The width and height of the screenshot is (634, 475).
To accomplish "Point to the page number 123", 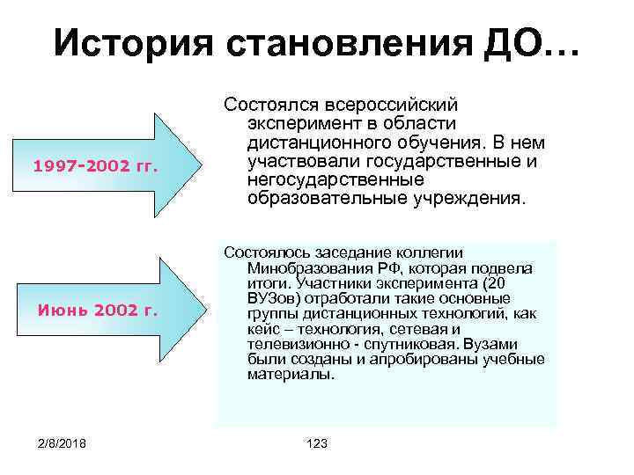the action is click(x=315, y=443).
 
